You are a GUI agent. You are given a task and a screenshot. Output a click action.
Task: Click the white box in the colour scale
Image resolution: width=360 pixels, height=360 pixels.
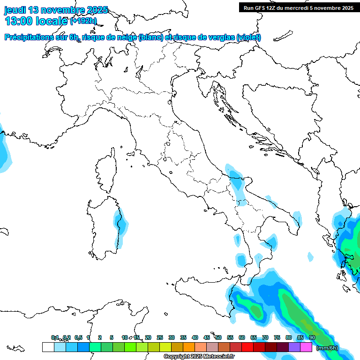[48, 347]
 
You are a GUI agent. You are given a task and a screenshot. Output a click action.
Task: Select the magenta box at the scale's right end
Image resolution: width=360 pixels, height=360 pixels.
[306, 347]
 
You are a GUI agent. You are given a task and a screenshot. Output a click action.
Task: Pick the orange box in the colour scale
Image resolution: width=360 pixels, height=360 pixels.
[189, 347]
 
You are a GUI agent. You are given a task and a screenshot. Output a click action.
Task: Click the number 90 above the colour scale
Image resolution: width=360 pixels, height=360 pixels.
[312, 337]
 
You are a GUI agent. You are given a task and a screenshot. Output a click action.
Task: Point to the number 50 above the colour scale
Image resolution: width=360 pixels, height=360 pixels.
[218, 337]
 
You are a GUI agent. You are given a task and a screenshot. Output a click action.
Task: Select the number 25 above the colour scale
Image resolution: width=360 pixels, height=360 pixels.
[160, 337]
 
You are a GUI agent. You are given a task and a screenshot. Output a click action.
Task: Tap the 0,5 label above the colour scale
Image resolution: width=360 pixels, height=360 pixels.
[78, 337]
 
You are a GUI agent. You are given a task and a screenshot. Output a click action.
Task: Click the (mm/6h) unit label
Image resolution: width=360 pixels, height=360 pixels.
[327, 348]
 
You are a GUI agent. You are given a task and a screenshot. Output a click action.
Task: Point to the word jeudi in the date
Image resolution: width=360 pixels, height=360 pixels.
[15, 10]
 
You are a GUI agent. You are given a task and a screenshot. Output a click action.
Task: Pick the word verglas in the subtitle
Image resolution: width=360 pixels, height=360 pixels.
[219, 37]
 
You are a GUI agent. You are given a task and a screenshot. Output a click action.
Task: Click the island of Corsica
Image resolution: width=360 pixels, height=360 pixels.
[106, 171]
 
